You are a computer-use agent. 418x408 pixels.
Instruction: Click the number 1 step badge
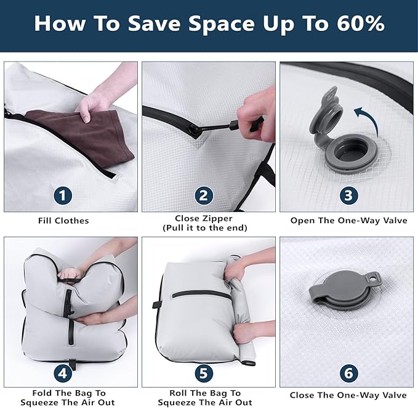coord(63,195)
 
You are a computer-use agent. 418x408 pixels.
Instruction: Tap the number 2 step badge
coord(204,195)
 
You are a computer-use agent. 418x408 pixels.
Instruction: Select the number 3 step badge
coord(348,195)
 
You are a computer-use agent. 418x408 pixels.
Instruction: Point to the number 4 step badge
coord(63,373)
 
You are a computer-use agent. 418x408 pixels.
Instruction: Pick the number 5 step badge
coord(204,373)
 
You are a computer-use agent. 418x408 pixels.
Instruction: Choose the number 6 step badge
coord(348,373)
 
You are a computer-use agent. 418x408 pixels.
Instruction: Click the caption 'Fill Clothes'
coord(63,221)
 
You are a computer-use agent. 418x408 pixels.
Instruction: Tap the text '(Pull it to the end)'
coord(205,228)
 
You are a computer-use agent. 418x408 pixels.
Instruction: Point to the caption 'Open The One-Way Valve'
coord(348,221)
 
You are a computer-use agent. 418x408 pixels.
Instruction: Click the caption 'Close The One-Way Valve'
coord(348,395)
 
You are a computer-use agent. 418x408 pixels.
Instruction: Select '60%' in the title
coord(360,23)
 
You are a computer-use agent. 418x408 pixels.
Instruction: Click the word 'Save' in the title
coord(154,23)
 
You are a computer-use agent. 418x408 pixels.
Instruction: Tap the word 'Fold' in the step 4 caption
coord(42,393)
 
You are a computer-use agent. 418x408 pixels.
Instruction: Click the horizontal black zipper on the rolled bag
coord(201,295)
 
